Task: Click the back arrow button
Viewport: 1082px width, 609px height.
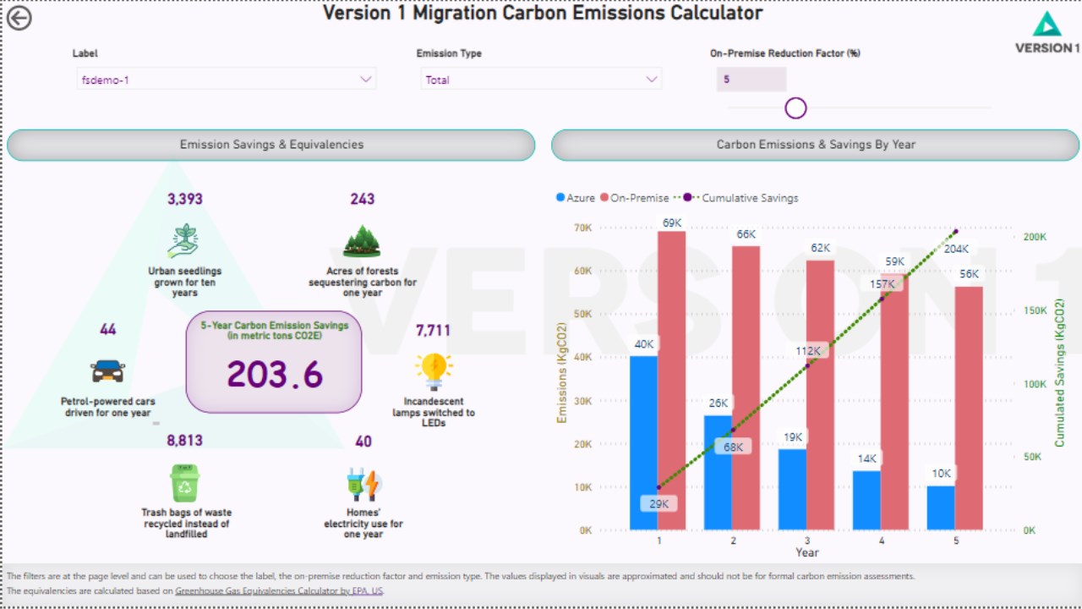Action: click(x=19, y=18)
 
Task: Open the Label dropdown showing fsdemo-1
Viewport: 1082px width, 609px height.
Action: click(x=226, y=80)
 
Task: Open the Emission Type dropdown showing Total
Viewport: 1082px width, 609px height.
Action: click(x=541, y=80)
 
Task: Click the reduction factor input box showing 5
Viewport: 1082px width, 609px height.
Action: click(x=751, y=80)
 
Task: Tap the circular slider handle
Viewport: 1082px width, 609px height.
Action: click(x=795, y=108)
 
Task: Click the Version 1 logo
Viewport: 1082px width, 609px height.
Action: click(x=1046, y=33)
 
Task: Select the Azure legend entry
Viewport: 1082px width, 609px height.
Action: click(x=576, y=198)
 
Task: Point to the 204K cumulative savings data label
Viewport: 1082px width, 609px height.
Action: click(x=956, y=249)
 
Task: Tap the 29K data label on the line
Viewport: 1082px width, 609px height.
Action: click(x=658, y=504)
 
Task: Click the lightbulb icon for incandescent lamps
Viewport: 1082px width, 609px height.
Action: click(x=434, y=370)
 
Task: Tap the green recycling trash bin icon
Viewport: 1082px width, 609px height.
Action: click(x=184, y=483)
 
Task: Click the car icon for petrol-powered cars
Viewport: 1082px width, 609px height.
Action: click(x=107, y=370)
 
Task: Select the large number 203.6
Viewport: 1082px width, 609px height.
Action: click(x=275, y=374)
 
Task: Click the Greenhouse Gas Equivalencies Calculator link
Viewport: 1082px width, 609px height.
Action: click(x=279, y=590)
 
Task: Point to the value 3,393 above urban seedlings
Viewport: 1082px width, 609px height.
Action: click(x=185, y=200)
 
